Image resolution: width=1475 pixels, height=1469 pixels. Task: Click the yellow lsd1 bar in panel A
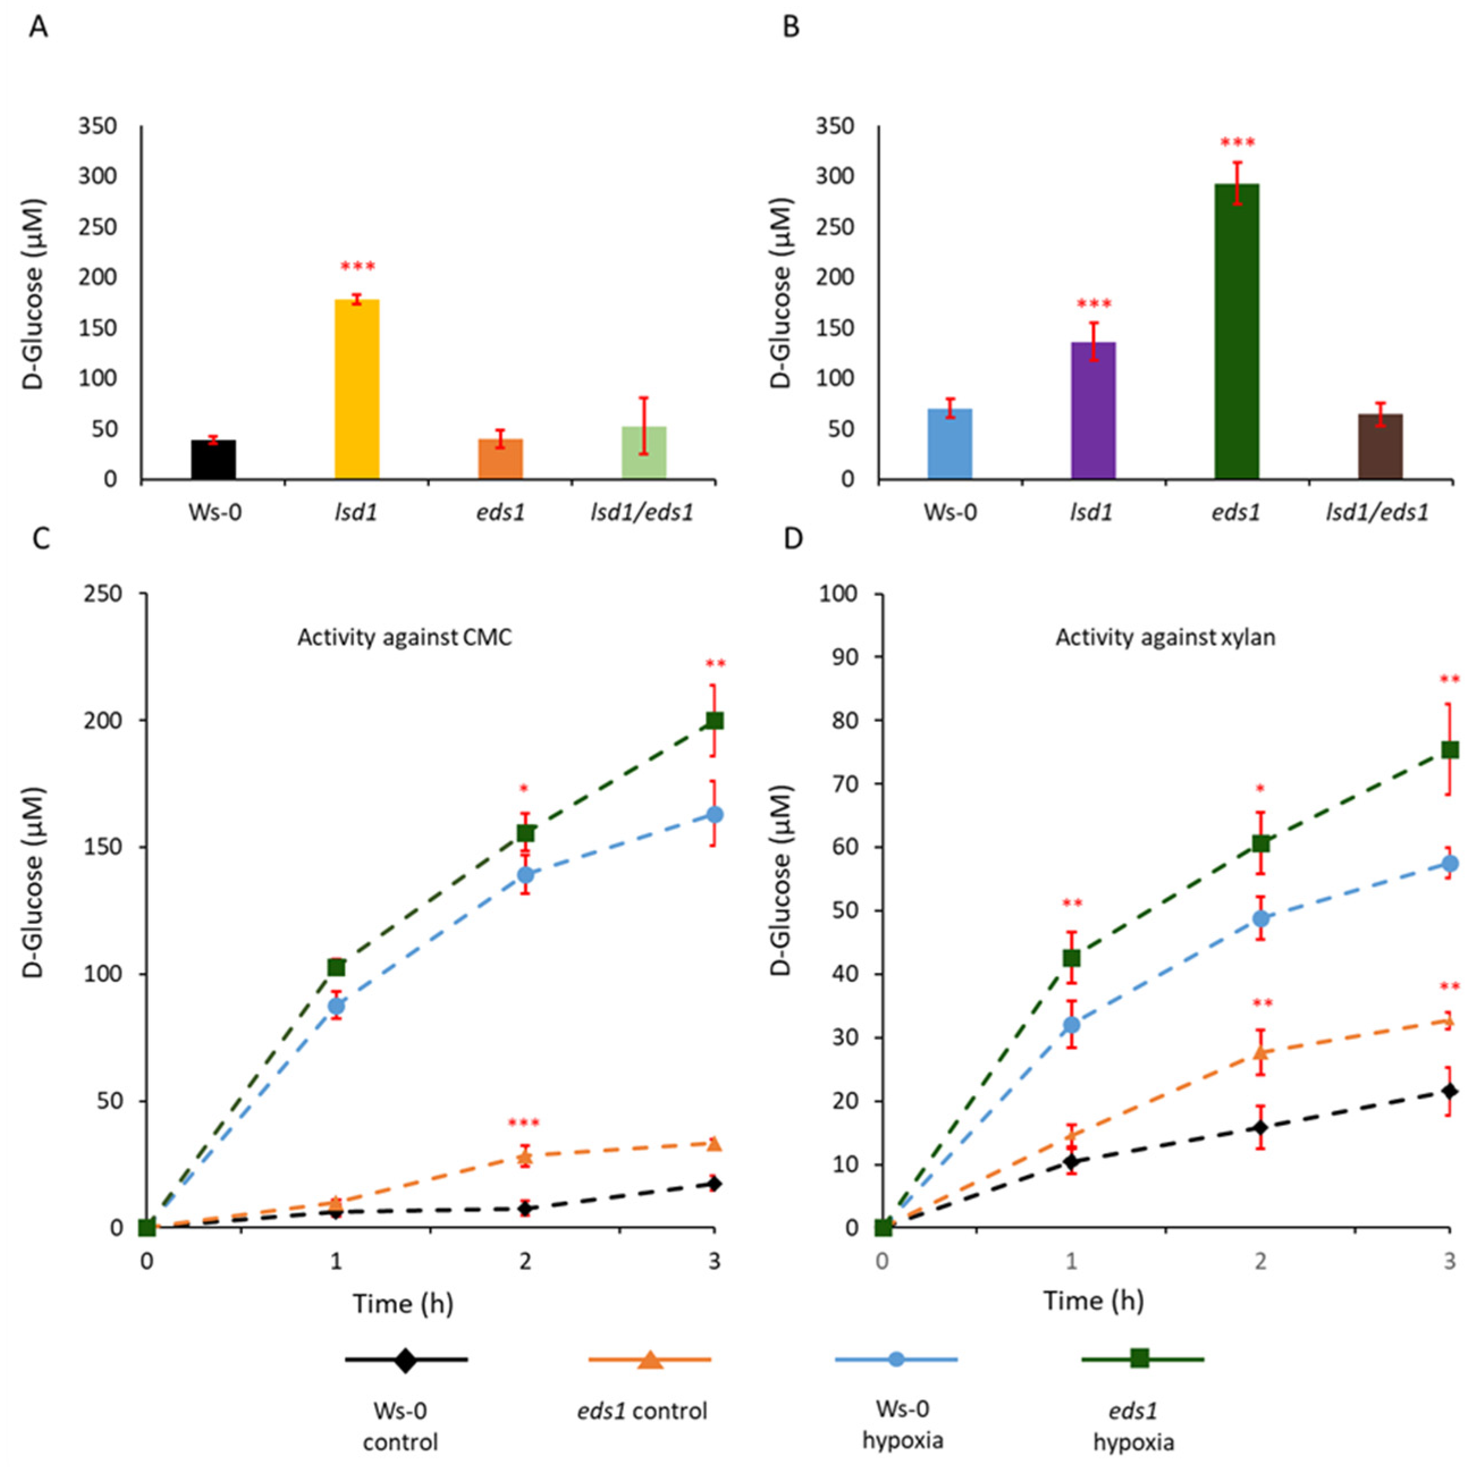(357, 390)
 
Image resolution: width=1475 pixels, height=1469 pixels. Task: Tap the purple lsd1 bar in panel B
(1093, 410)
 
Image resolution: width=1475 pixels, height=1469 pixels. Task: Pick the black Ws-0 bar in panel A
(213, 459)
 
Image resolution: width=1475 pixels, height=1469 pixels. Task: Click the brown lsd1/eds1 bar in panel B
(1380, 447)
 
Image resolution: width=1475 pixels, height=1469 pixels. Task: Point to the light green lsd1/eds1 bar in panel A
(644, 453)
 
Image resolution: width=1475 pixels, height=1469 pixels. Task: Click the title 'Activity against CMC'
(405, 637)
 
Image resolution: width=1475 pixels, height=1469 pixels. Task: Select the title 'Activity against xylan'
(1165, 637)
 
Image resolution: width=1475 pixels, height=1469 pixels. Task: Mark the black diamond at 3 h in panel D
(1449, 1091)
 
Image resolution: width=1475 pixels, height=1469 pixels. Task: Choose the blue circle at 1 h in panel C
(336, 1006)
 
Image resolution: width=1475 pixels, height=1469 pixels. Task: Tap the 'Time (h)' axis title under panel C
(403, 1303)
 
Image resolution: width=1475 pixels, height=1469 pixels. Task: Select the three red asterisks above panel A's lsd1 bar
(357, 267)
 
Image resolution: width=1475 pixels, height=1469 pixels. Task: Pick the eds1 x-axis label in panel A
(501, 512)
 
